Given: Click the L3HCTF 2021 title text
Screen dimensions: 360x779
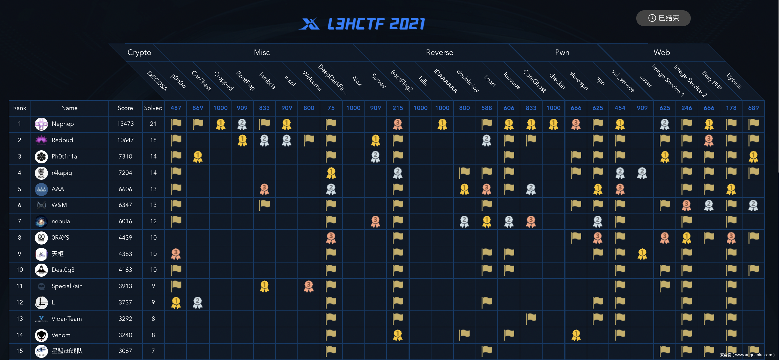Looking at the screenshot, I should (x=376, y=24).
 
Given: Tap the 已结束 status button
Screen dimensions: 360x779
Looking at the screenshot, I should (x=663, y=18).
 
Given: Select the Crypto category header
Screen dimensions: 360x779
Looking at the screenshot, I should (x=139, y=52).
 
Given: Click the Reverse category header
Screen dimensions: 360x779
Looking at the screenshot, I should (x=439, y=52).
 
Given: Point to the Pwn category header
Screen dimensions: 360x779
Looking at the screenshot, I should (x=562, y=52).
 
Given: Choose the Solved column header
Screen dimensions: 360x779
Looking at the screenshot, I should (x=153, y=108).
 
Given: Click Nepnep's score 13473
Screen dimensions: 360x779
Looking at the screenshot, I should (x=125, y=124).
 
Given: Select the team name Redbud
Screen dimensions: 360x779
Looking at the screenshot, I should (x=62, y=140).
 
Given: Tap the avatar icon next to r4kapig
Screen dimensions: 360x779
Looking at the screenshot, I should (x=41, y=173).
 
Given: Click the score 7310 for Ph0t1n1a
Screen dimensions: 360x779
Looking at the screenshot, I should (x=125, y=156).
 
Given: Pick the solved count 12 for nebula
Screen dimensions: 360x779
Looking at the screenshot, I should (x=153, y=221).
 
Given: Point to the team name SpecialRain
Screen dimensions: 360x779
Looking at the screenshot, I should (x=67, y=286).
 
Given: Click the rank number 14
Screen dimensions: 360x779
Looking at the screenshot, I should (x=20, y=335).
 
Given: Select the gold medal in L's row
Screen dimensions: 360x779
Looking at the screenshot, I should (x=176, y=303).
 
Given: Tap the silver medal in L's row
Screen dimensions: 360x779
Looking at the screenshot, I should (x=198, y=303).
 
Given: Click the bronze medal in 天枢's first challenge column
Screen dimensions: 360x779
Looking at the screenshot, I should (x=176, y=254).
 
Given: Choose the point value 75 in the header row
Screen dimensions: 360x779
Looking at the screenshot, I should (x=331, y=108).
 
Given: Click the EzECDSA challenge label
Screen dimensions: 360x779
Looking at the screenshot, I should (x=157, y=81).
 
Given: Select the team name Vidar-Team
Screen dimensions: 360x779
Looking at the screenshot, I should (x=66, y=319).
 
